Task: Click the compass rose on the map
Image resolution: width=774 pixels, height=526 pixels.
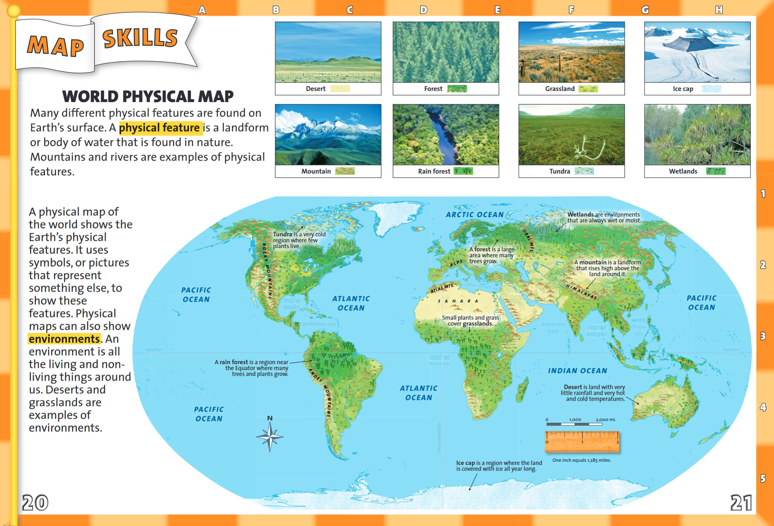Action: pos(270,436)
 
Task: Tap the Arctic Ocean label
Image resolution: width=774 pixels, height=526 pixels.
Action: pos(475,215)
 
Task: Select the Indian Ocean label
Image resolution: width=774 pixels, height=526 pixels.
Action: pos(577,371)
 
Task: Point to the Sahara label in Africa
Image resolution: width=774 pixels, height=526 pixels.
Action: pos(458,301)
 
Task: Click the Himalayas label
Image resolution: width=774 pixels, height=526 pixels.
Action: pos(581,292)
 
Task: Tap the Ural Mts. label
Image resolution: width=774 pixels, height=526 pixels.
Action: pos(528,241)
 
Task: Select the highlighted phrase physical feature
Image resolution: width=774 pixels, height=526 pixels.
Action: pos(160,128)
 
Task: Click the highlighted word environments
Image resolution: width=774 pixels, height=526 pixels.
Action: pos(64,339)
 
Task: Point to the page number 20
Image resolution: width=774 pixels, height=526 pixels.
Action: pos(35,503)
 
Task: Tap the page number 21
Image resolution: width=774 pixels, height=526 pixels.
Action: pos(741,503)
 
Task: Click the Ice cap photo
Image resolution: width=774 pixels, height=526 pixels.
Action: pos(697,52)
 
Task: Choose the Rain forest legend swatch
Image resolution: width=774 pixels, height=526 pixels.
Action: pos(463,171)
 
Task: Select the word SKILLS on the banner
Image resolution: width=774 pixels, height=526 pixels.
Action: pos(140,38)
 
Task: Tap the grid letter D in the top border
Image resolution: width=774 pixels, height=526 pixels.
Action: pos(423,10)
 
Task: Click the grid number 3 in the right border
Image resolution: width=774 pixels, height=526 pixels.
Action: pos(763,336)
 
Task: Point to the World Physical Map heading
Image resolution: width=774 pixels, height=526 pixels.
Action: pos(148,97)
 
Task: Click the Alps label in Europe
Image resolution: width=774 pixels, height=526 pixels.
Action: pos(456,263)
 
